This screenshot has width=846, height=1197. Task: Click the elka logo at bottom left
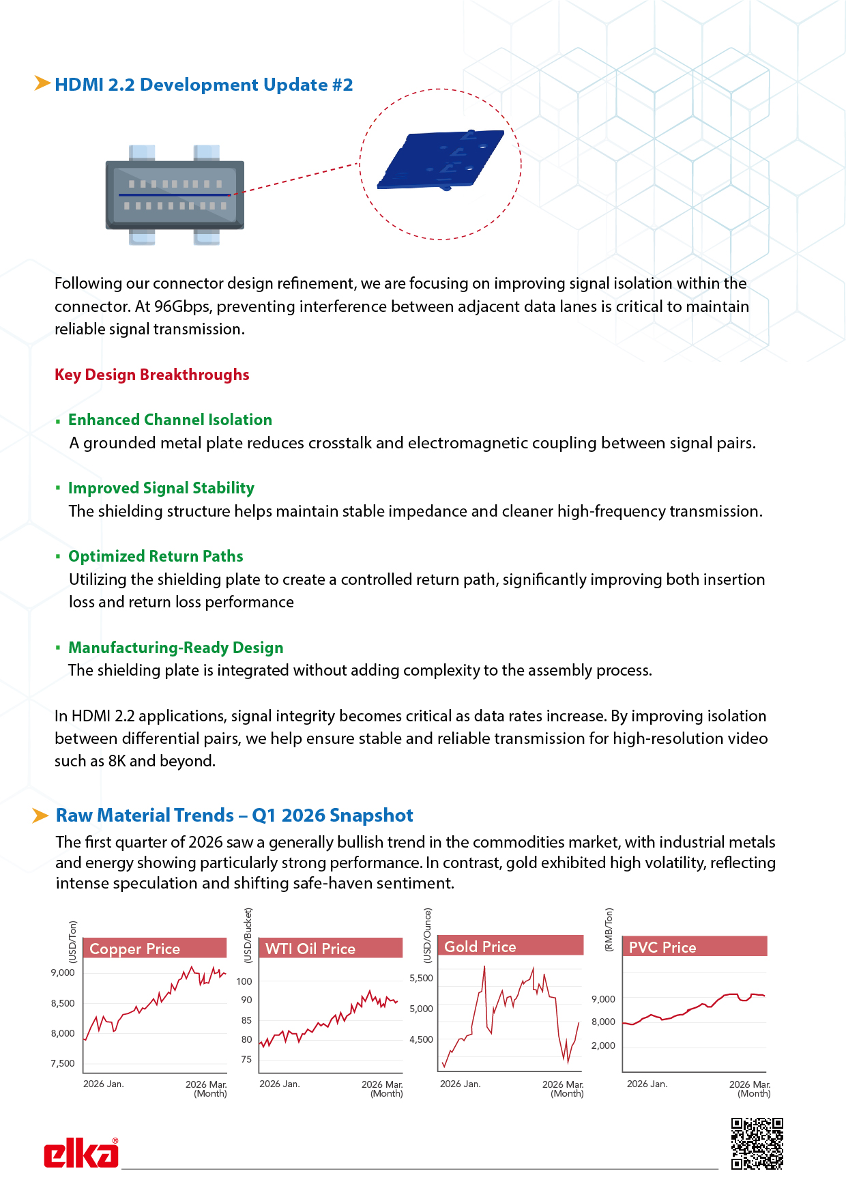[x=81, y=1153]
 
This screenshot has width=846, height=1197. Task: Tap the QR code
[x=757, y=1143]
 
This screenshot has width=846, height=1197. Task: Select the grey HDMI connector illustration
[x=175, y=194]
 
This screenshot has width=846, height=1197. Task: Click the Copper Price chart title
[x=135, y=949]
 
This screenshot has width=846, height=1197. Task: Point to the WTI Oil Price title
[x=310, y=949]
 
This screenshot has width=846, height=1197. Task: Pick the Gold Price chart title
[x=480, y=947]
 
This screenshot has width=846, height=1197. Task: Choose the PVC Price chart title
[x=662, y=947]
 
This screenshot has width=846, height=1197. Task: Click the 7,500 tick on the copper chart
[x=63, y=1063]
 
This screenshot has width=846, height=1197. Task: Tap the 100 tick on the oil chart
[x=244, y=981]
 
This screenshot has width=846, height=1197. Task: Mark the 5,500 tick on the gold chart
[x=421, y=978]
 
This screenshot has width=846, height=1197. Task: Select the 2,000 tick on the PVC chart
[x=603, y=1045]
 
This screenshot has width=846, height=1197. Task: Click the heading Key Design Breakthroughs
[x=152, y=375]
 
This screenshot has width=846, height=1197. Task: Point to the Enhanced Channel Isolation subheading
[x=170, y=420]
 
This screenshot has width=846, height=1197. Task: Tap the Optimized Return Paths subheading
[x=156, y=556]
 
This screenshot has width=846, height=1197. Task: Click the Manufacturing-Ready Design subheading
[x=175, y=648]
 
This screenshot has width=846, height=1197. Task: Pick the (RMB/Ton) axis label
[x=609, y=929]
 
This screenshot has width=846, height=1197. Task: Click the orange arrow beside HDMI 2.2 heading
[x=42, y=83]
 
